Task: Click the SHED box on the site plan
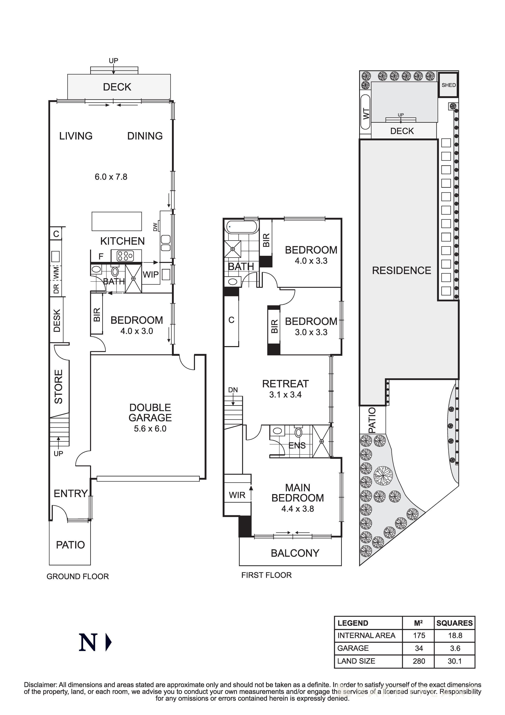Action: coord(448,85)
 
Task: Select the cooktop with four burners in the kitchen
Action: coord(125,256)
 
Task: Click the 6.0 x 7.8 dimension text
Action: coord(111,177)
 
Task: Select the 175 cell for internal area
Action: coord(419,635)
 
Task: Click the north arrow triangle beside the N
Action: coord(108,642)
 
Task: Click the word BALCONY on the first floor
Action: coord(295,553)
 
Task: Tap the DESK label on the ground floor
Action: coord(57,320)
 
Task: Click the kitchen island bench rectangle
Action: coord(117,221)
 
